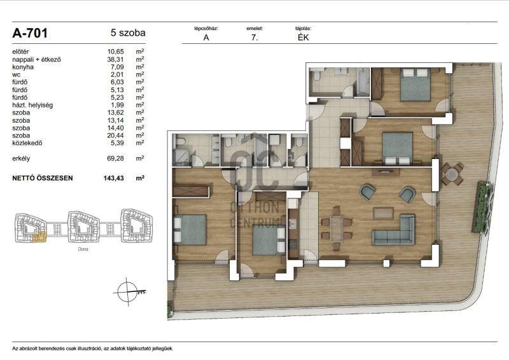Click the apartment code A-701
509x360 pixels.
[30, 33]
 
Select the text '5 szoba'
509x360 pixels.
[128, 33]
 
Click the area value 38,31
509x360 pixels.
[116, 59]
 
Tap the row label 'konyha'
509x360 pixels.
[23, 67]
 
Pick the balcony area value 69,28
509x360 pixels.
[116, 158]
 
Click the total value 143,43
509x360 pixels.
[114, 178]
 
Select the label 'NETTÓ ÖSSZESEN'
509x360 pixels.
[43, 178]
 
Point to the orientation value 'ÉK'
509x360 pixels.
[303, 38]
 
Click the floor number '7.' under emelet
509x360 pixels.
[254, 38]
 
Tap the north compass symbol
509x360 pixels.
[128, 292]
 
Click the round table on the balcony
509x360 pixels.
[451, 174]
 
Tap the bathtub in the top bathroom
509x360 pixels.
[363, 82]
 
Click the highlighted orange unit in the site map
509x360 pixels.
[39, 237]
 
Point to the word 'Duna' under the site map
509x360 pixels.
[83, 249]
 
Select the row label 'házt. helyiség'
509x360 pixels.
[32, 105]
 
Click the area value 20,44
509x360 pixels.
[116, 135]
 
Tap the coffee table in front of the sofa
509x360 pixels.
[384, 213]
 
